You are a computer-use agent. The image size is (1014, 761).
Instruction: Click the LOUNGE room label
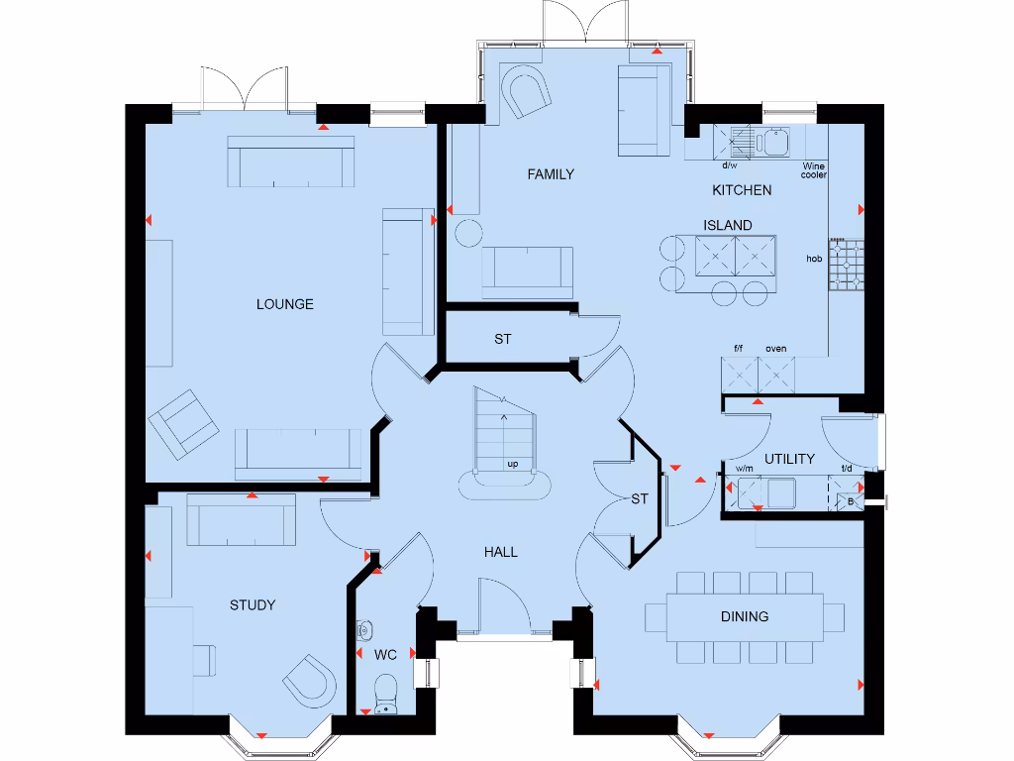coord(284,304)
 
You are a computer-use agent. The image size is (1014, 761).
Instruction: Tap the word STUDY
coord(253,605)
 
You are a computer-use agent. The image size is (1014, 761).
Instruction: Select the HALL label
coord(500,552)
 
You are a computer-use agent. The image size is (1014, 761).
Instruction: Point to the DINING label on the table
coord(745,616)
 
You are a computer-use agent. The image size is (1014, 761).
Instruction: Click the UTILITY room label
coord(789,459)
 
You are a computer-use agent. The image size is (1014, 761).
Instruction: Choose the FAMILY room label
coord(551,174)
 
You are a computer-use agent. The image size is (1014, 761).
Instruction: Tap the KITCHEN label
coord(742,190)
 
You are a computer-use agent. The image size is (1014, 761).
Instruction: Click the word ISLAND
coord(728,225)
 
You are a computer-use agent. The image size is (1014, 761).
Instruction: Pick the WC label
coord(385,655)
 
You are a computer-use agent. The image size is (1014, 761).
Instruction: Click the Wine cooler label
coord(814,170)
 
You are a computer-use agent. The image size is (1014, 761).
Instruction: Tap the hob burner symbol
coord(847,264)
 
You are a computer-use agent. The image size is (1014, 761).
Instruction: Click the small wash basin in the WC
coord(364,629)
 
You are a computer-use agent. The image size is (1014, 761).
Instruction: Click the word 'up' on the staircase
coord(513,464)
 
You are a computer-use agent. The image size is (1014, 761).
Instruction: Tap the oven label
coord(776,349)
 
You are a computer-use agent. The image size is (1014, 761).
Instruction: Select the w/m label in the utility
coord(745,469)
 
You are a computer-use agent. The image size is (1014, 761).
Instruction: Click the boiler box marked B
coord(850,501)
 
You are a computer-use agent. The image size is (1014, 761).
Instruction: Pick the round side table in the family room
coord(468,233)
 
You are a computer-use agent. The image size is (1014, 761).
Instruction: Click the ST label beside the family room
coord(502,339)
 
